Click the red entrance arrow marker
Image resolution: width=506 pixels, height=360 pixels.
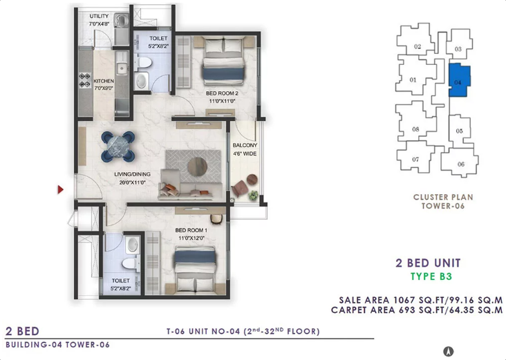[x=60, y=190]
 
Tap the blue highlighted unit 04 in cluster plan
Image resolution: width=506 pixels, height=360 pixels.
[x=459, y=79]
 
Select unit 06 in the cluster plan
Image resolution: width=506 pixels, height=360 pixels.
[x=460, y=163]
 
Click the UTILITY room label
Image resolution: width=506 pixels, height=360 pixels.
[x=99, y=16]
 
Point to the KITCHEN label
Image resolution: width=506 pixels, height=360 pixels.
[x=104, y=81]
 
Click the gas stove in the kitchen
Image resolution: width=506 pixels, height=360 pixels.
[x=85, y=80]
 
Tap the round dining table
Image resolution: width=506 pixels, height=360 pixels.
[x=118, y=146]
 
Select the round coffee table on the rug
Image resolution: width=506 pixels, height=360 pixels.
[x=197, y=167]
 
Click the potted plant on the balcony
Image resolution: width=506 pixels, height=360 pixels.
[x=254, y=195]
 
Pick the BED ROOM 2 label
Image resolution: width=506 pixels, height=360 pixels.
[x=222, y=93]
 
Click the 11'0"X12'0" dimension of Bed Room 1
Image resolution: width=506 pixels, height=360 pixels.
[x=191, y=238]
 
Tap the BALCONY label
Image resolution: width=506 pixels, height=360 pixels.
[x=245, y=145]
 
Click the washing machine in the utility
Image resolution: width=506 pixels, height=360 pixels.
[x=122, y=21]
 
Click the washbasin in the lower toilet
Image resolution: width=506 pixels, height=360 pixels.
[x=132, y=245]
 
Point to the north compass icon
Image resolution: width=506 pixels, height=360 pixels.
[x=449, y=351]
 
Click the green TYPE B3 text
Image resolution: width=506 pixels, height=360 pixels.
[x=431, y=276]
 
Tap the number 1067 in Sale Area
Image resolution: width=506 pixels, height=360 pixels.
[x=404, y=300]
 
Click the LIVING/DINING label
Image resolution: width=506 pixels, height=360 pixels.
[x=132, y=174]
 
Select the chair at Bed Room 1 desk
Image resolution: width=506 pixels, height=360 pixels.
[x=216, y=219]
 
